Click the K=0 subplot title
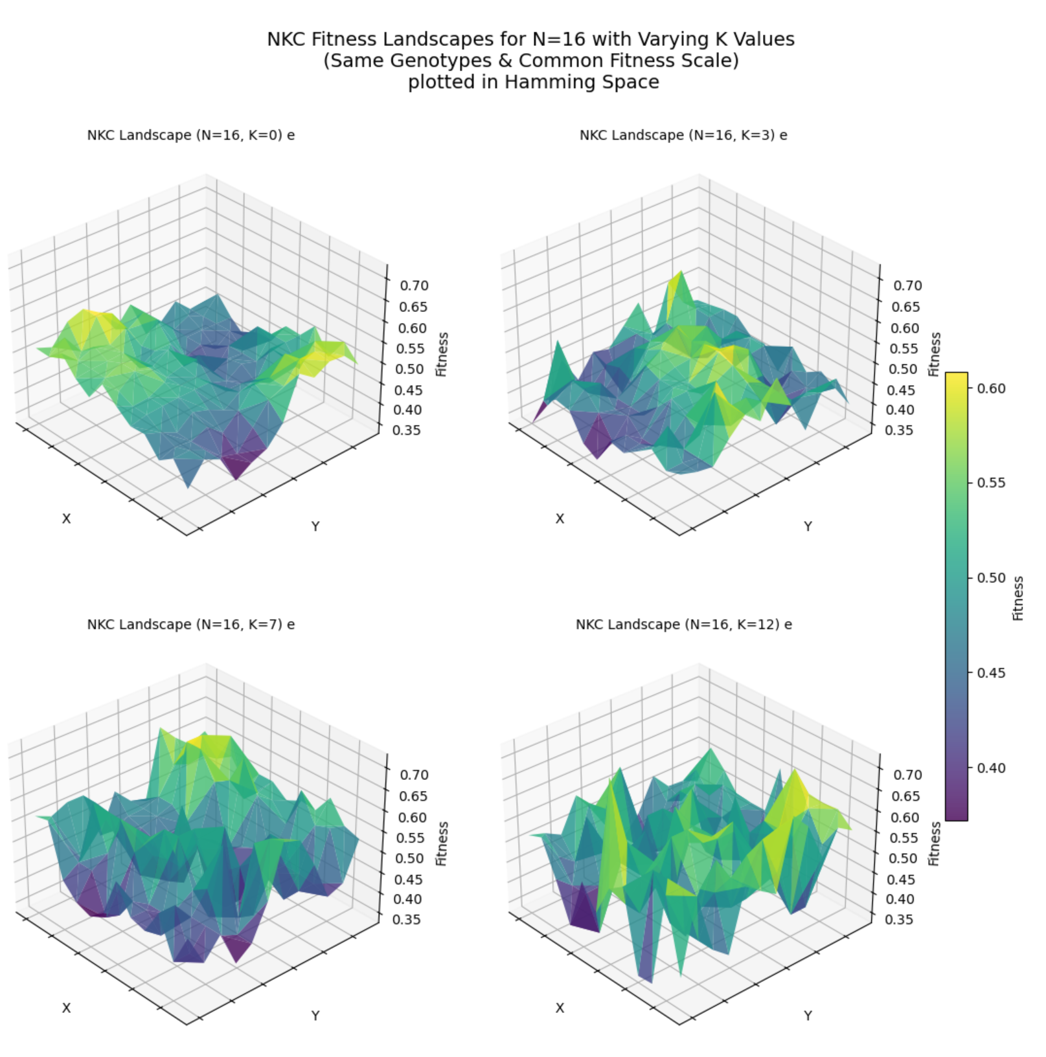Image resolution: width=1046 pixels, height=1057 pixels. click(x=190, y=135)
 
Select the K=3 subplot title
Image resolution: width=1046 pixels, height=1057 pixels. click(x=683, y=135)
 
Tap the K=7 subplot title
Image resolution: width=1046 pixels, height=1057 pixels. click(x=190, y=625)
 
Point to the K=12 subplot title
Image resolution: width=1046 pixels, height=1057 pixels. click(x=683, y=625)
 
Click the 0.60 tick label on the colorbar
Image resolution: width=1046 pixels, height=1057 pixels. click(x=991, y=388)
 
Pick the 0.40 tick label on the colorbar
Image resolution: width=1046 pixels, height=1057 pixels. click(x=991, y=768)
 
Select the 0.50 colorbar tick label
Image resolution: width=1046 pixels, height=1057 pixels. click(x=991, y=578)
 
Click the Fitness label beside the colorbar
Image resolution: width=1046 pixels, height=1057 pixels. click(x=1018, y=598)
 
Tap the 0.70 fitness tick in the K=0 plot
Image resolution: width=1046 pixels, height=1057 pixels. click(x=414, y=285)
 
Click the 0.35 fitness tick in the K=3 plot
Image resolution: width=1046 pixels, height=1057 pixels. click(x=900, y=430)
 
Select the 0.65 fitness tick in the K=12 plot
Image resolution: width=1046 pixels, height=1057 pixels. click(x=905, y=796)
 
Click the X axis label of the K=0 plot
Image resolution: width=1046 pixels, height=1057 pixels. click(x=66, y=518)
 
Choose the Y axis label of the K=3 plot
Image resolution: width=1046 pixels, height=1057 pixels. click(x=808, y=526)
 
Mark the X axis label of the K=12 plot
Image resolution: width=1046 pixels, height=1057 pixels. click(x=560, y=1008)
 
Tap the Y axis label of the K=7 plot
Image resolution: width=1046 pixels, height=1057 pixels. click(x=315, y=1016)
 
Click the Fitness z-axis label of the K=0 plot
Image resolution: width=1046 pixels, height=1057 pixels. click(x=442, y=354)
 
